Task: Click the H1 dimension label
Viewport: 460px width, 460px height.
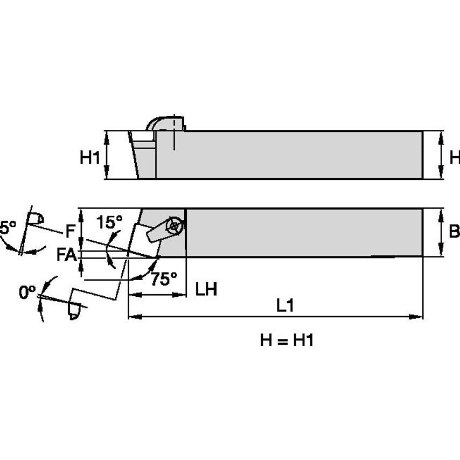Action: pyautogui.click(x=90, y=157)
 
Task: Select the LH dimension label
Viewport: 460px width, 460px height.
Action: pyautogui.click(x=206, y=289)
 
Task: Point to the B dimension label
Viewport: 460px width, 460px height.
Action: pyautogui.click(x=454, y=232)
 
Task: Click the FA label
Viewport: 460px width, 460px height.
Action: pyautogui.click(x=66, y=254)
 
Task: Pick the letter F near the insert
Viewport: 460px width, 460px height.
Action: pyautogui.click(x=70, y=232)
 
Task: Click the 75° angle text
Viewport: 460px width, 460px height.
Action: pyautogui.click(x=163, y=278)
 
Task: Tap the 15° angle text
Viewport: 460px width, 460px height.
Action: pyautogui.click(x=109, y=221)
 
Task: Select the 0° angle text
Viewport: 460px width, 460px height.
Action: pyautogui.click(x=27, y=292)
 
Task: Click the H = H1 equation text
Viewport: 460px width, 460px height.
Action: pyautogui.click(x=286, y=340)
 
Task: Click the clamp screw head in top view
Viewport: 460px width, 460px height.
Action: pyautogui.click(x=174, y=226)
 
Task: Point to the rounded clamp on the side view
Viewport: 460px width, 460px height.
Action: pyautogui.click(x=164, y=123)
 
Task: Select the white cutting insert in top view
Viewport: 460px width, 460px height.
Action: pyautogui.click(x=144, y=239)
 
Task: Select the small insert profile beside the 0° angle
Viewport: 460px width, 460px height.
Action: pyautogui.click(x=74, y=312)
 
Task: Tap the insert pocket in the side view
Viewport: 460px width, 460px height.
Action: pyautogui.click(x=143, y=144)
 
